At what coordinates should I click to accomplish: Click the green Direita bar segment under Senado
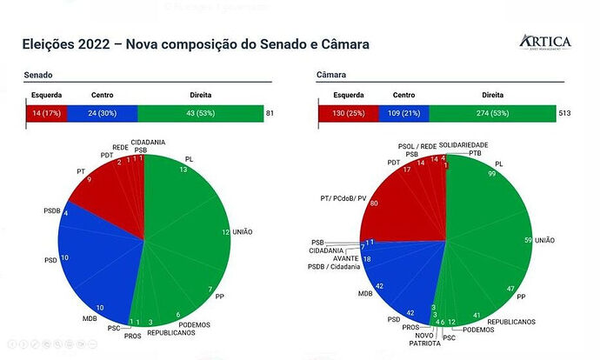(x=200, y=113)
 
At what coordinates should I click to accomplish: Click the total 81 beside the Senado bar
(x=270, y=113)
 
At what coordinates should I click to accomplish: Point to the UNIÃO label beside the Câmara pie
(x=546, y=239)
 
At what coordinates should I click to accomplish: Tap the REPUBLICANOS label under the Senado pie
(x=170, y=331)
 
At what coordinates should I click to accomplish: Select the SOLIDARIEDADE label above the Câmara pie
(x=463, y=144)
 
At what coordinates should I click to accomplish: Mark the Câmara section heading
(x=333, y=77)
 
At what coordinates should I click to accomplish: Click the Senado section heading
(x=38, y=77)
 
